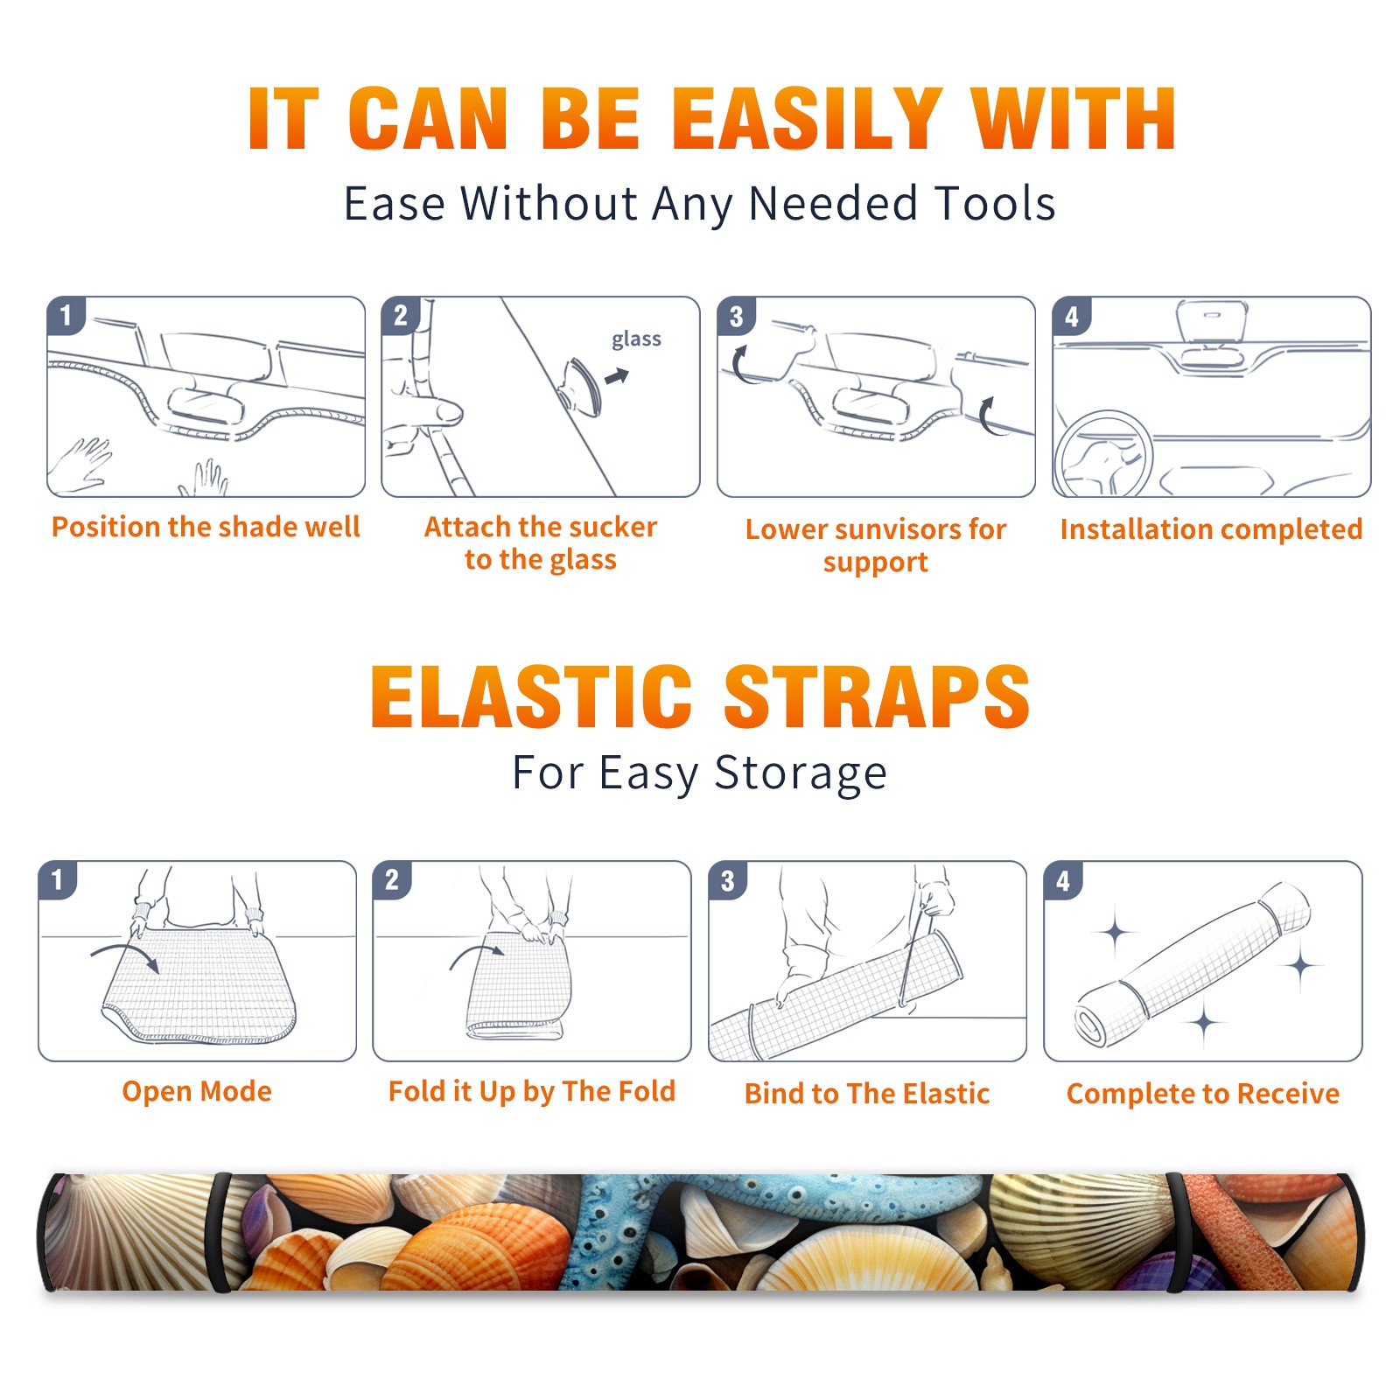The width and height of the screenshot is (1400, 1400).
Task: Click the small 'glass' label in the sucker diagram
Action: click(x=636, y=339)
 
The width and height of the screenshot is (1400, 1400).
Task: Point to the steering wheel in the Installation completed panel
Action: click(x=1104, y=453)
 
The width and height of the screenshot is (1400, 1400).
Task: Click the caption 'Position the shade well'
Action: click(x=206, y=527)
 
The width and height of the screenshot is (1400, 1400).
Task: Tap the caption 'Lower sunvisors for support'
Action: click(x=876, y=545)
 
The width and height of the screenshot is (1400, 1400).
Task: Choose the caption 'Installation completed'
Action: click(x=1211, y=529)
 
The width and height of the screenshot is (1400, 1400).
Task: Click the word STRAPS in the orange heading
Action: click(x=877, y=696)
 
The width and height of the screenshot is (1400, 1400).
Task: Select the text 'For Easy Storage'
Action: click(x=700, y=773)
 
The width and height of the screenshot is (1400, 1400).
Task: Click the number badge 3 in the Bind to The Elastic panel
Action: click(x=728, y=881)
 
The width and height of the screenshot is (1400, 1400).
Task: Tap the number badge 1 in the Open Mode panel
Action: click(x=58, y=880)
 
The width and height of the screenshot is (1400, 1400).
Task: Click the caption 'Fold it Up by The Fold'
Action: click(x=532, y=1092)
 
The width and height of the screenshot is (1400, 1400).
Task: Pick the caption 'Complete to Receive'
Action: click(x=1203, y=1094)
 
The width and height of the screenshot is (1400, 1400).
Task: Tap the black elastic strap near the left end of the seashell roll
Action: click(x=220, y=1233)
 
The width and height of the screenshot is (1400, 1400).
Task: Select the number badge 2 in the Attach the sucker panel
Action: click(x=401, y=316)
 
